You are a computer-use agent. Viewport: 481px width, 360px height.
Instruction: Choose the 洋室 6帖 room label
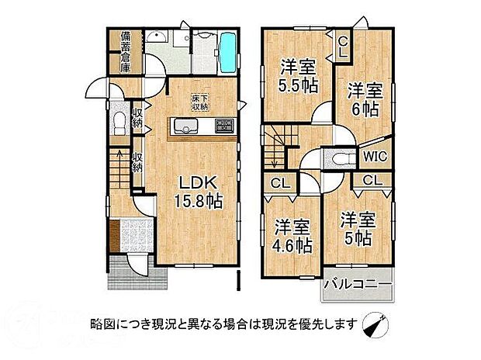tap(362, 99)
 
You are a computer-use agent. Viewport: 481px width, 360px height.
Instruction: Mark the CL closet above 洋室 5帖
tap(372, 180)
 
